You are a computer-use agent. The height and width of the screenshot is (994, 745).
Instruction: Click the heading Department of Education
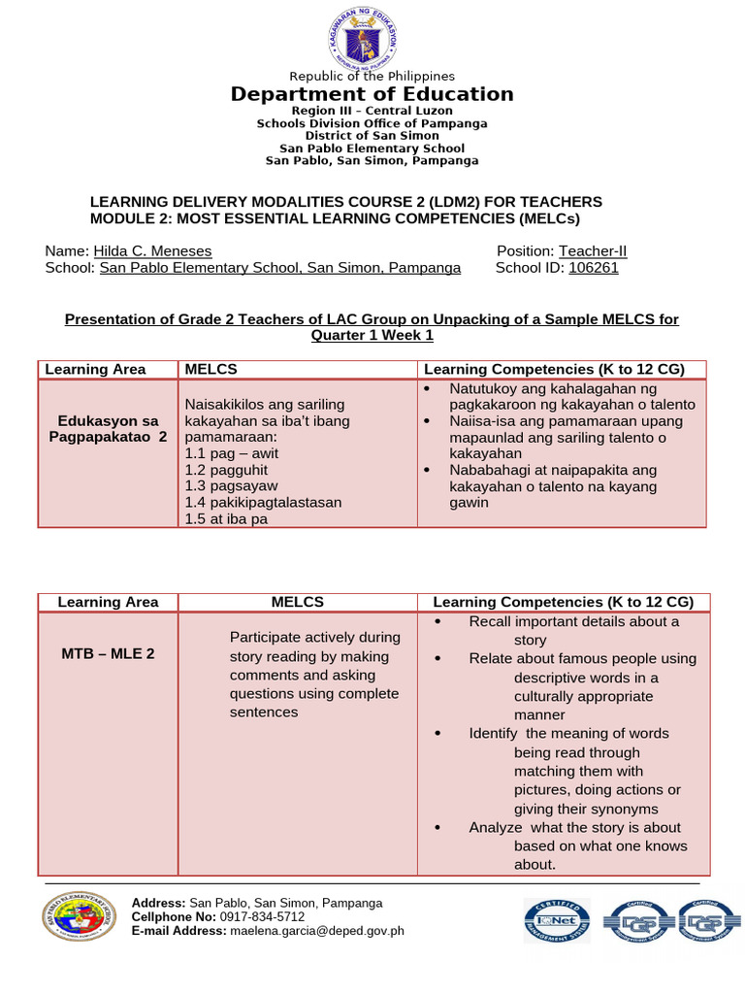coord(372,94)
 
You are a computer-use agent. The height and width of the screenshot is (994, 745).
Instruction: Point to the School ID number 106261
coord(593,269)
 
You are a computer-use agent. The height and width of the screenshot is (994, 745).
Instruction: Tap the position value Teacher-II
coord(593,251)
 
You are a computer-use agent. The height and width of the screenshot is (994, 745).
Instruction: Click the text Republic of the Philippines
coord(372,76)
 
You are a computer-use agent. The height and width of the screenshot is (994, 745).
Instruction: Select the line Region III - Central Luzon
coord(372,112)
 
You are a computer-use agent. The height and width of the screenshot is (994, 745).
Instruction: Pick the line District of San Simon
coord(372,136)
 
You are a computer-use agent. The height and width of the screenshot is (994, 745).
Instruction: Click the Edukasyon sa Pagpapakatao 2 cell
coord(108,429)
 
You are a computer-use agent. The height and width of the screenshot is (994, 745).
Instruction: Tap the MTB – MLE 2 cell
coord(108,653)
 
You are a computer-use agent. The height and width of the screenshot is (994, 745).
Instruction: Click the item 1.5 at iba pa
coord(226,518)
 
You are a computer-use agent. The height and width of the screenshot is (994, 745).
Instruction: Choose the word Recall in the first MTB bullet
coord(490,621)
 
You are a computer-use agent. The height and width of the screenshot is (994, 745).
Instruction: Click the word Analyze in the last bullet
coord(495,827)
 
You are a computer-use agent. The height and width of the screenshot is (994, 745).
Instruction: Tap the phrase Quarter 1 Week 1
coord(372,335)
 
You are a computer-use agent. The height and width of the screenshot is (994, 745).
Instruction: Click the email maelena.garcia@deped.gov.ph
coord(316,931)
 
